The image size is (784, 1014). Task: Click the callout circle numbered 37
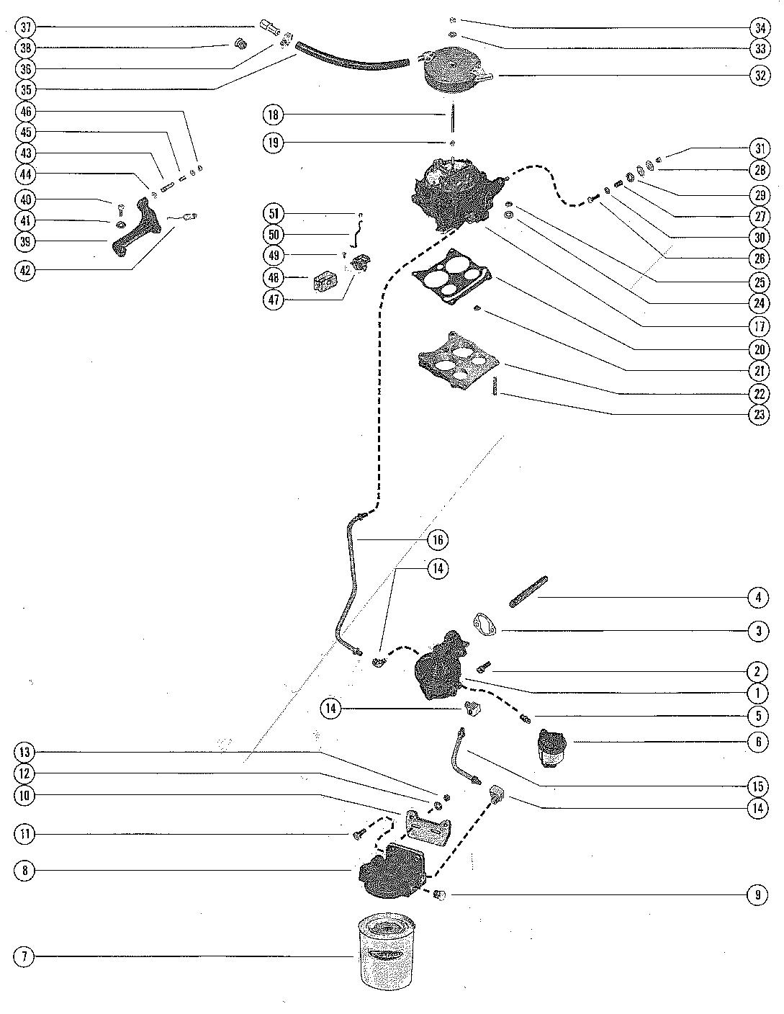25,27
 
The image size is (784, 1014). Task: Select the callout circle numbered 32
760,75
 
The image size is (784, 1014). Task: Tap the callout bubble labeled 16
438,540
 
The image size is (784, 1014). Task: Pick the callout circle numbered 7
25,956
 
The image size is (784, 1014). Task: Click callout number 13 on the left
25,752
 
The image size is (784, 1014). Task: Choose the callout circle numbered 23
760,414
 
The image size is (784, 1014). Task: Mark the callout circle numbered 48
274,278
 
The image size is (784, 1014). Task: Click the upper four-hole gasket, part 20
451,277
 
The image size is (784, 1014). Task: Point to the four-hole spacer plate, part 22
458,361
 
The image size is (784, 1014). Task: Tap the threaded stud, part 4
528,592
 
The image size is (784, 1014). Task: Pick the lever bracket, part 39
137,227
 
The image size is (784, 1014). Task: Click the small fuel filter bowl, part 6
552,748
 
